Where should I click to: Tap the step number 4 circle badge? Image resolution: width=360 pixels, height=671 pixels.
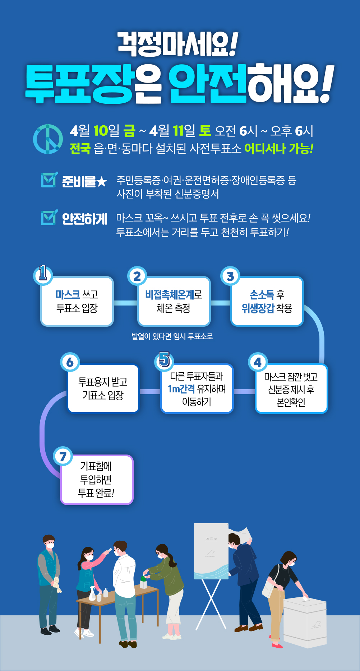(x=258, y=362)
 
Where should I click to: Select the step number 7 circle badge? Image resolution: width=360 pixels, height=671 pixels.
(x=63, y=456)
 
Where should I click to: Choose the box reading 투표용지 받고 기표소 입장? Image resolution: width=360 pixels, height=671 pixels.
(x=103, y=388)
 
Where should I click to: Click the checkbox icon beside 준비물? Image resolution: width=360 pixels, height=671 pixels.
(x=49, y=180)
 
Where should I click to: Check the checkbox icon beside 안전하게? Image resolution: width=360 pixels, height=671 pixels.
(x=49, y=217)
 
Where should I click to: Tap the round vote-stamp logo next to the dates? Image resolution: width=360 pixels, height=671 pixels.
(x=48, y=139)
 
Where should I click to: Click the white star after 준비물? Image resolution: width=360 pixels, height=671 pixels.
(x=102, y=182)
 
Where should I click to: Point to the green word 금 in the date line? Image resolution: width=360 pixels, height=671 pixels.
(x=129, y=131)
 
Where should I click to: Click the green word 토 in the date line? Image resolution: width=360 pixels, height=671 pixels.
(x=205, y=131)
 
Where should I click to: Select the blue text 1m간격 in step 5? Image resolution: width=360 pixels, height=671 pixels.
(x=181, y=389)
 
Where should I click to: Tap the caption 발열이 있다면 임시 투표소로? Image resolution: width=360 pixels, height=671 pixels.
(x=172, y=336)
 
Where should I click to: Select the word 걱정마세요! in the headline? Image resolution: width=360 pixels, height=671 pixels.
(x=178, y=45)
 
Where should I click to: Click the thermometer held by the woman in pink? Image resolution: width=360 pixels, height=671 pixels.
(x=107, y=550)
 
